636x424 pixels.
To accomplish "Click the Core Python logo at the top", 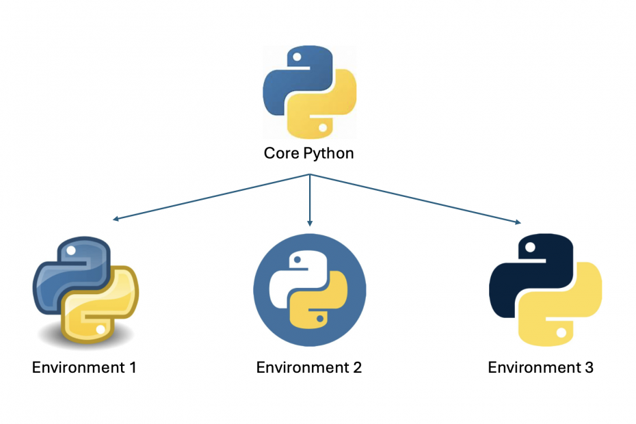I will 310,92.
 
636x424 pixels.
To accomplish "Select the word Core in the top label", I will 280,153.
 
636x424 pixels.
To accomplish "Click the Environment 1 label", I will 84,367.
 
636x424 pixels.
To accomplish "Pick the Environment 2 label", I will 309,367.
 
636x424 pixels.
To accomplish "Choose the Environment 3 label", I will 540,367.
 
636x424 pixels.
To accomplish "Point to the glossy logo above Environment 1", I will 85,290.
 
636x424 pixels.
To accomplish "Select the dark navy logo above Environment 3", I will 545,290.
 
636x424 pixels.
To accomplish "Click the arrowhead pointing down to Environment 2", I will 310,223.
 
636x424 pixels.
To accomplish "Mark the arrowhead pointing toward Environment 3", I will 518,222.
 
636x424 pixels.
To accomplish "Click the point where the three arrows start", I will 310,175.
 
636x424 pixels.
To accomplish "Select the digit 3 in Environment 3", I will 588,367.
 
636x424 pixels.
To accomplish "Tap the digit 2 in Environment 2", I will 356,367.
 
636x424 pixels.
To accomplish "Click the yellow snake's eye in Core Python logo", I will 322,127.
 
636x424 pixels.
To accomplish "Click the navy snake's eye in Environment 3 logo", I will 529,248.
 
